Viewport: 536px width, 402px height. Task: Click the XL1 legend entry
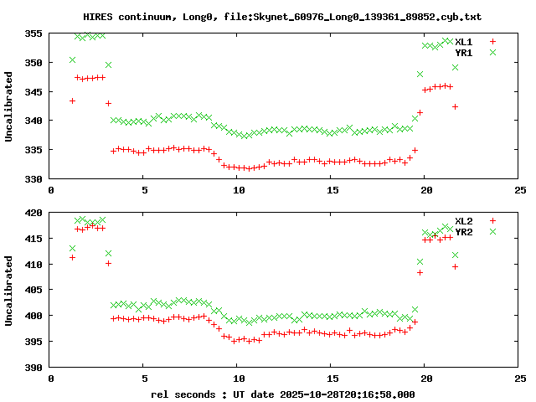click(464, 41)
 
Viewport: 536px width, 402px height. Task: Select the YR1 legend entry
click(464, 52)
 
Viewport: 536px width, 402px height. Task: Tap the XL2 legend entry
click(464, 221)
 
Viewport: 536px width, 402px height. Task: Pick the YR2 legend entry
click(464, 232)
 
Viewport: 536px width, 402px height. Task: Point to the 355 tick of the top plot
click(33, 33)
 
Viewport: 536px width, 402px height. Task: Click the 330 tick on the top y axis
click(33, 178)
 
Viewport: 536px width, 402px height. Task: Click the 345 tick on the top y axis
click(33, 91)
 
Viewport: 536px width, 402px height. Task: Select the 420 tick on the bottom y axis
click(33, 213)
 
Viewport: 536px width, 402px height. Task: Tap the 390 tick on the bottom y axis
click(33, 368)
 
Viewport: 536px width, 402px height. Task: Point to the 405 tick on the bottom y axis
click(33, 291)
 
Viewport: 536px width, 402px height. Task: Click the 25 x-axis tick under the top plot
click(520, 191)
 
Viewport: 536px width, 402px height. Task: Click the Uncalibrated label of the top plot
click(9, 106)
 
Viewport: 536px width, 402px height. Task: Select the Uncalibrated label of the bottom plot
click(9, 291)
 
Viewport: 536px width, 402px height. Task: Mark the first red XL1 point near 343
click(73, 100)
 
